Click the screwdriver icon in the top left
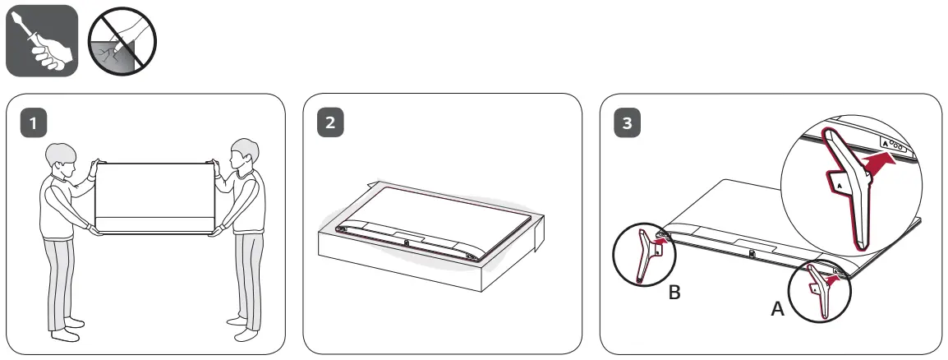41,40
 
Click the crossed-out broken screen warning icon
122,40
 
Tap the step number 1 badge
33,124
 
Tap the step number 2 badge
330,124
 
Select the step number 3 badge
628,124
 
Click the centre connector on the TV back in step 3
751,253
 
